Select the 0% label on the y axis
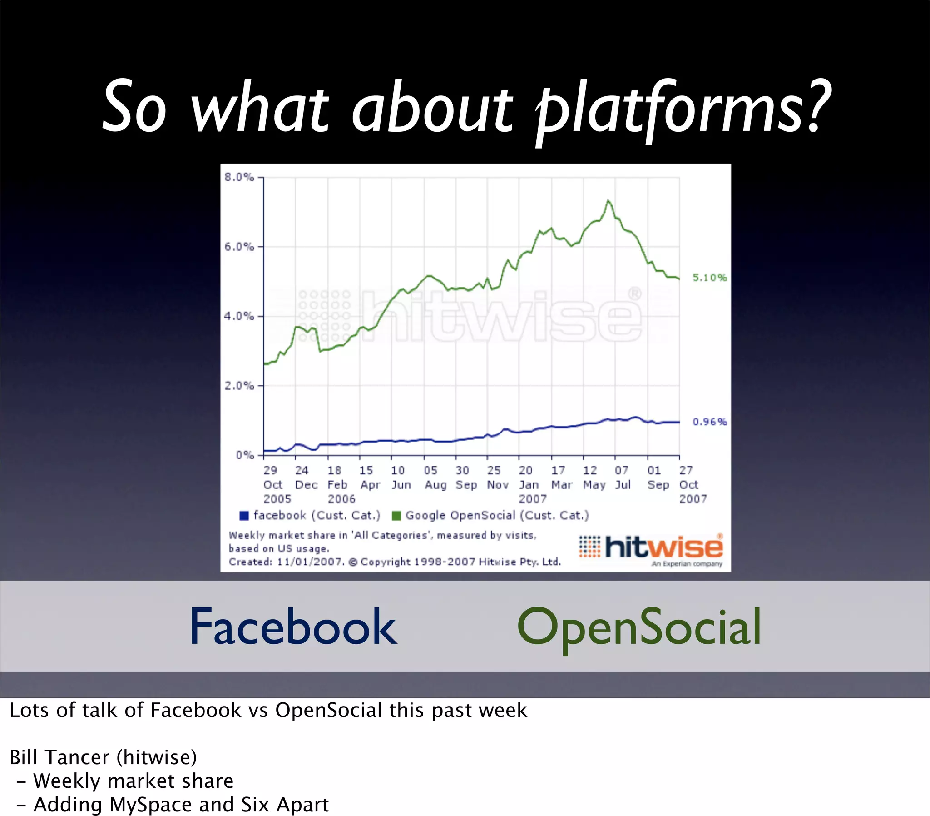(x=245, y=455)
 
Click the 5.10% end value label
(x=710, y=277)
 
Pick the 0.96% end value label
(x=710, y=422)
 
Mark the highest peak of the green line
(x=608, y=201)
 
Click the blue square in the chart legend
(x=244, y=516)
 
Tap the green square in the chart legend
(x=396, y=516)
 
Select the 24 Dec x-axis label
(x=306, y=478)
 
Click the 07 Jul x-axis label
(x=623, y=478)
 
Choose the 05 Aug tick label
(x=435, y=478)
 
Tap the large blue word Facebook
(x=293, y=627)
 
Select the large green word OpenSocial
(x=639, y=628)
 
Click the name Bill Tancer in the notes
(x=59, y=757)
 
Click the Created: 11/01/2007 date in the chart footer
(x=287, y=562)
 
